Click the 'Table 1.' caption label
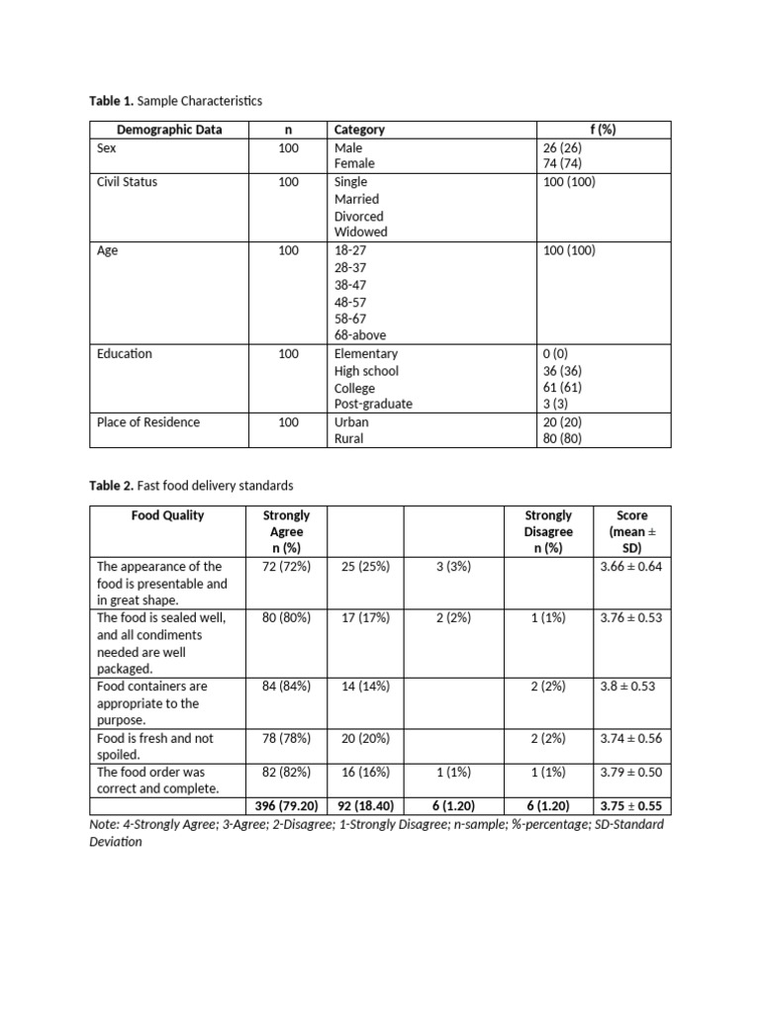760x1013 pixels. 111,101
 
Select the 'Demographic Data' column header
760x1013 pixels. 169,130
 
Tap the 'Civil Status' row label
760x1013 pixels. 127,182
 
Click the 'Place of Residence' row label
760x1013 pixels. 148,422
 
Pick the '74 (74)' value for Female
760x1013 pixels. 563,164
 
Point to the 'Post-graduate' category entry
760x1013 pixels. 373,405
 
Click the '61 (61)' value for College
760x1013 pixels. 563,388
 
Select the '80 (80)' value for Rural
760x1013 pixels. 563,439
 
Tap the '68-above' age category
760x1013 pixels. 360,335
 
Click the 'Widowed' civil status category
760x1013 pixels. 360,232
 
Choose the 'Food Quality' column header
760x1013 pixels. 168,515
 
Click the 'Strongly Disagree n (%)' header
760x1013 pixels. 548,532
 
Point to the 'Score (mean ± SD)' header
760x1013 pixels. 631,532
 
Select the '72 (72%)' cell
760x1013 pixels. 287,567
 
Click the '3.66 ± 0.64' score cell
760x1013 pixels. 631,567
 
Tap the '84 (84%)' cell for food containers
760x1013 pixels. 287,687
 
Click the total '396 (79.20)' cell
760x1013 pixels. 287,806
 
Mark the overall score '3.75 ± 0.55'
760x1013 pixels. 631,806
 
